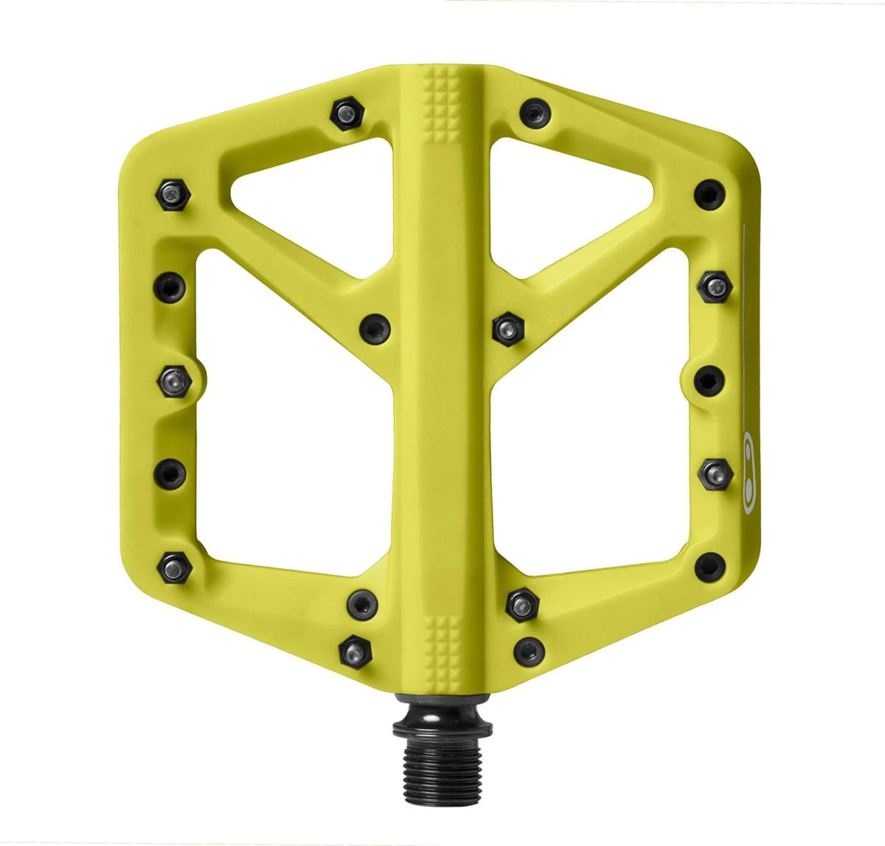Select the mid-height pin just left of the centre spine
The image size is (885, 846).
(x=374, y=328)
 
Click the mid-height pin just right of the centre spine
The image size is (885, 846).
(x=507, y=327)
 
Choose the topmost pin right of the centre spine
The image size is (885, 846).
(x=535, y=113)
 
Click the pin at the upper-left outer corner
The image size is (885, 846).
(x=174, y=195)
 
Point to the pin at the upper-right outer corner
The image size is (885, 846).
(x=709, y=193)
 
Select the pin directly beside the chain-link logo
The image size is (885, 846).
(x=715, y=473)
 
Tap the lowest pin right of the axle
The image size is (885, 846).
(x=529, y=650)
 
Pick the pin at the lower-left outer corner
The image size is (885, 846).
(x=175, y=566)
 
